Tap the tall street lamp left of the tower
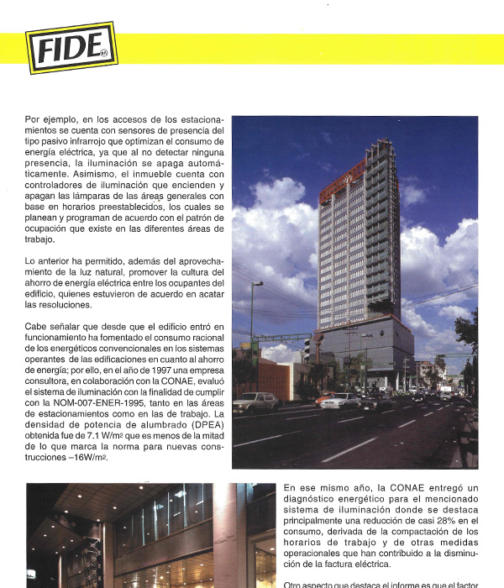click(251, 319)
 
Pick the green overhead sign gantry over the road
click(277, 339)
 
